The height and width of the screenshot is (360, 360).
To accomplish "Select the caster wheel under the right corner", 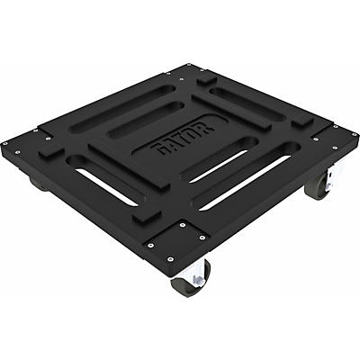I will tap(317, 187).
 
